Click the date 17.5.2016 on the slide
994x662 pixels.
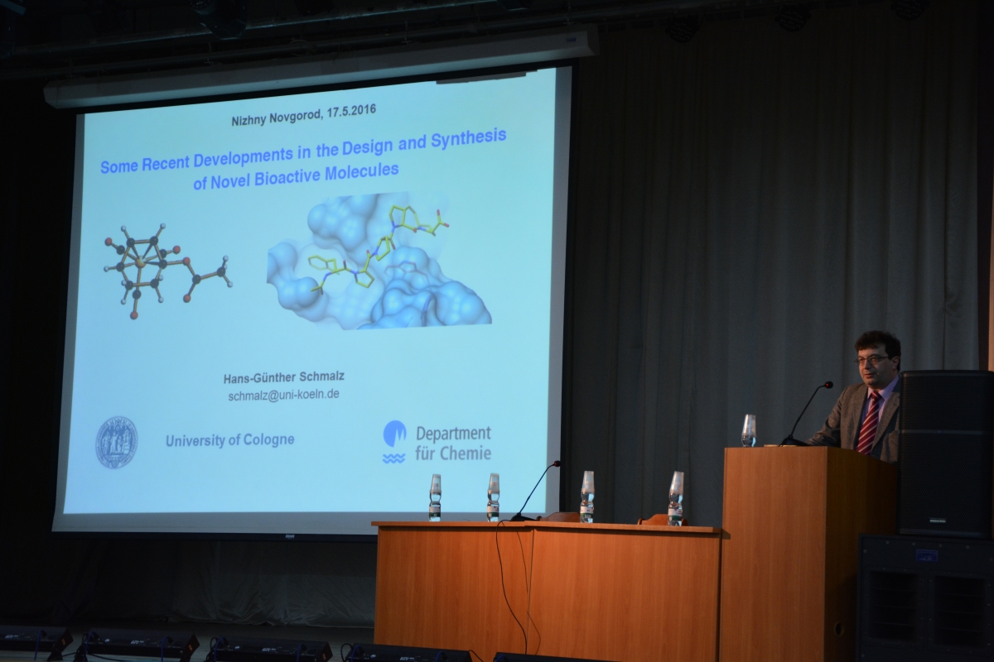tap(351, 111)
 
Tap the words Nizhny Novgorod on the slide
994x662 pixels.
tap(277, 118)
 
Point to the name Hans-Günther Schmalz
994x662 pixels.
tap(284, 377)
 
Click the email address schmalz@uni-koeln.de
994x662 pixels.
tap(284, 394)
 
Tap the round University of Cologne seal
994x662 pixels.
tap(117, 442)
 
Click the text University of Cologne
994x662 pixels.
tap(230, 440)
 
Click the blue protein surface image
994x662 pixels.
tap(379, 261)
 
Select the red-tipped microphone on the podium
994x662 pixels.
tap(806, 413)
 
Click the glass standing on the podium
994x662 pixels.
tap(749, 430)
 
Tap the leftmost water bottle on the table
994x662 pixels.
tap(436, 497)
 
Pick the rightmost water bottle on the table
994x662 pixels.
tap(676, 498)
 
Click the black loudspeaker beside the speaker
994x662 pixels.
tap(946, 453)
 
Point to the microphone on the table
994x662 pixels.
tap(535, 491)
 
